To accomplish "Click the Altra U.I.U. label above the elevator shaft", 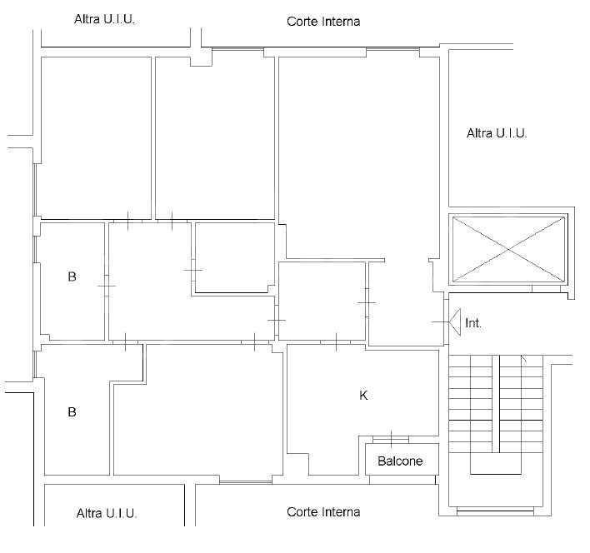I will point(497,132).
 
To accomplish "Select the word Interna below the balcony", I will point(341,512).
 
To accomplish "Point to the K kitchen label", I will point(363,396).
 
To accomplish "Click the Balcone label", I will point(400,461).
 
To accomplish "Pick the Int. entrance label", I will point(473,322).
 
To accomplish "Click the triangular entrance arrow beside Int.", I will point(456,321).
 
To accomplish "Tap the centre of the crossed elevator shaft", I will point(507,247).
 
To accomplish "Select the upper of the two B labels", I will point(72,276).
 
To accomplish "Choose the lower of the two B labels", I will point(72,411).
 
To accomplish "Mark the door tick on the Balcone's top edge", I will point(391,438).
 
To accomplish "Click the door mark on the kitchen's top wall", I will point(335,341).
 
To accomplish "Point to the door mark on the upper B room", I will point(106,286).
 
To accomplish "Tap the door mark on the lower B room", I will point(125,341).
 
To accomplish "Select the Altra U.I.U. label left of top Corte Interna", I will point(104,18).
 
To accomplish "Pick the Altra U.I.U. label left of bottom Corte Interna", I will point(106,513).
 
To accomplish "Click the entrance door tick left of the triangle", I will point(440,321).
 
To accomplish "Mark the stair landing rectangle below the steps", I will point(497,465).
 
